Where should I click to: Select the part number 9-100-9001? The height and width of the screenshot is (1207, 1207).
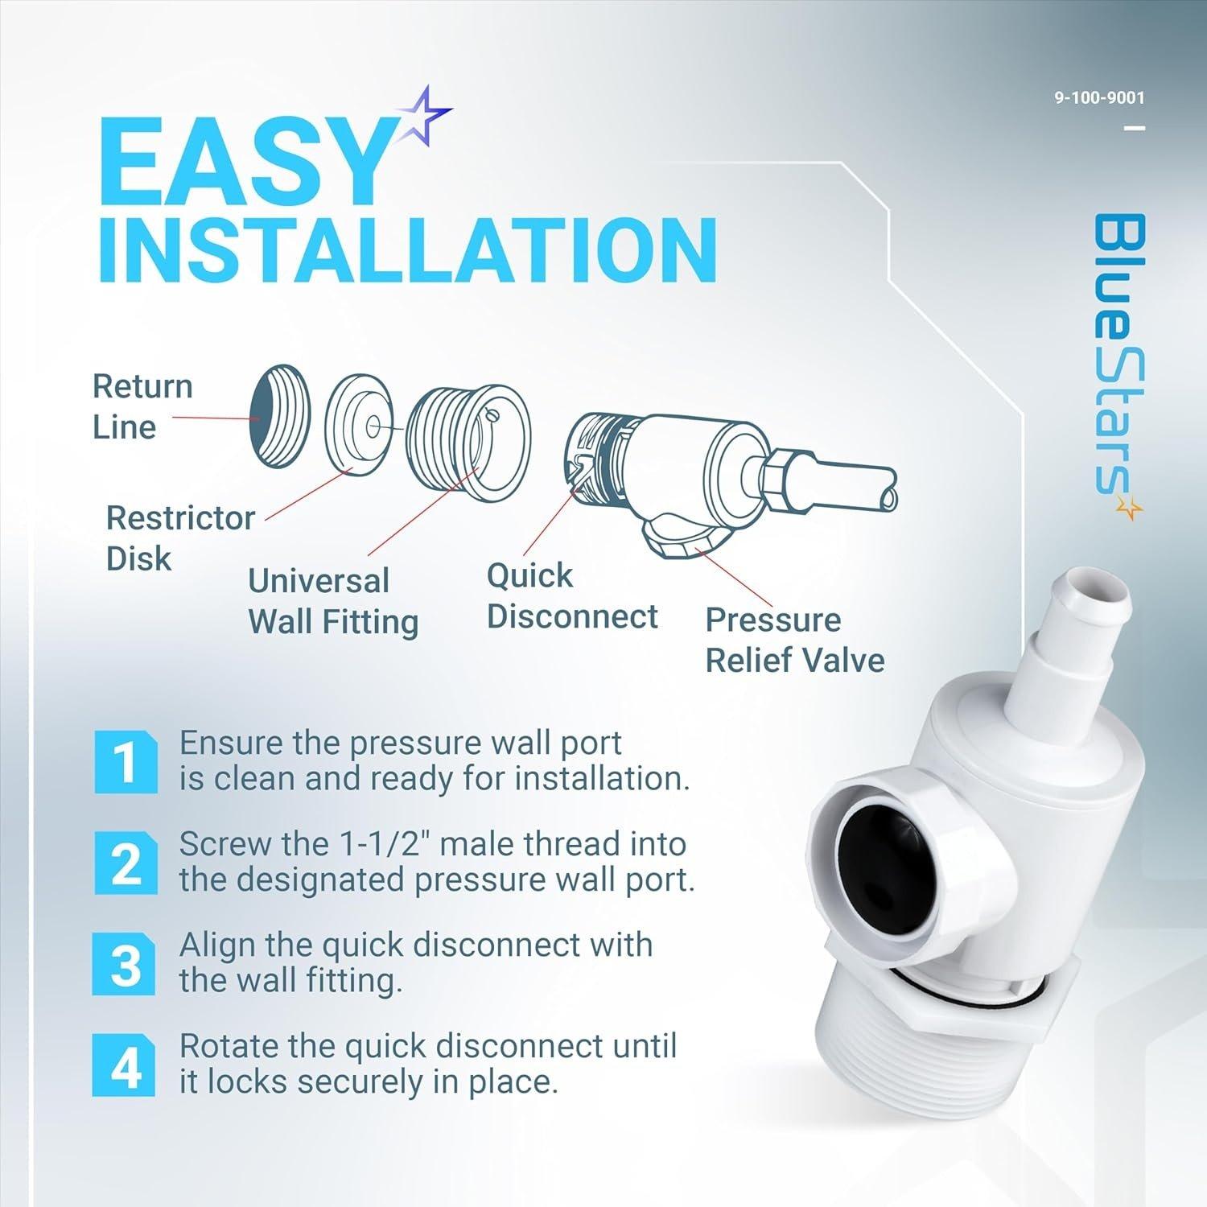(1099, 98)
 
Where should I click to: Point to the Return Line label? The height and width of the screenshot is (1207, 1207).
(142, 406)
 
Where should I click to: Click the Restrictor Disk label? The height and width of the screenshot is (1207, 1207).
(180, 538)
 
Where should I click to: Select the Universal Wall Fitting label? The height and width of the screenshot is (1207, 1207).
(332, 601)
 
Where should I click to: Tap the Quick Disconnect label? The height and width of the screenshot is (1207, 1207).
(571, 596)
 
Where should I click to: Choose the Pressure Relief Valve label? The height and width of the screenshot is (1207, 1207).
(794, 640)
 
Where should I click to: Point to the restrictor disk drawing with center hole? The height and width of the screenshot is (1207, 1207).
(359, 422)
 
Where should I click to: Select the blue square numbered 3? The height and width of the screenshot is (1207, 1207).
(126, 964)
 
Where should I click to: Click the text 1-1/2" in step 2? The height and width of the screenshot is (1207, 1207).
(384, 844)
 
